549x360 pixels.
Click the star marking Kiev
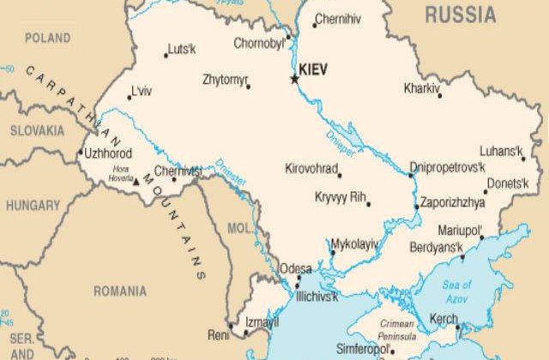coord(294,79)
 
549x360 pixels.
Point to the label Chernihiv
coord(340,19)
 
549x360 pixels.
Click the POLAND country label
coord(47,38)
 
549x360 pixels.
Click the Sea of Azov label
coord(457,290)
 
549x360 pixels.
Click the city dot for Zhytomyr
coord(249,87)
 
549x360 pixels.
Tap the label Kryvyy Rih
coord(340,197)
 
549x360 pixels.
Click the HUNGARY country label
coord(33,206)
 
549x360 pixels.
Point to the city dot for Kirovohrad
coord(340,175)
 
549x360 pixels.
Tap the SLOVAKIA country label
coord(36,130)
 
